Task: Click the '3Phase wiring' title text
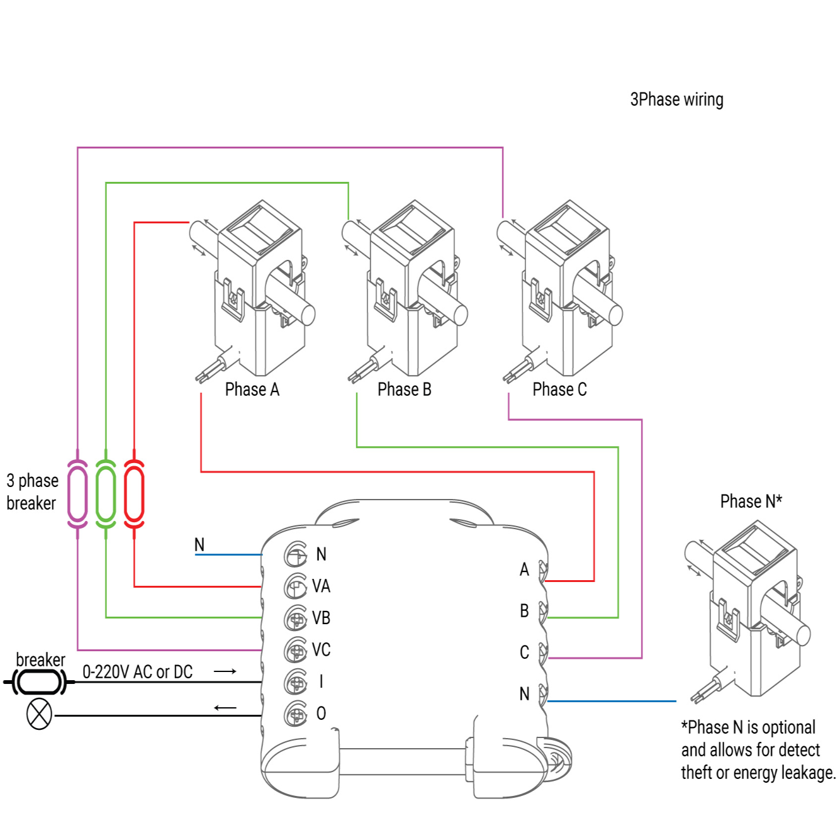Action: pos(676,99)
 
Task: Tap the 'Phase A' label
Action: pos(252,389)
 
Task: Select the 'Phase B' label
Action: pos(404,389)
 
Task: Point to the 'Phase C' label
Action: pos(559,389)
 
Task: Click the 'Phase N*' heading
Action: pos(751,501)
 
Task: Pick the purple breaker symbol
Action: pos(77,493)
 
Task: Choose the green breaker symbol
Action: pos(106,493)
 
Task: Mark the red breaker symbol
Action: pos(134,493)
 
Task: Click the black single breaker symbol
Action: pos(40,682)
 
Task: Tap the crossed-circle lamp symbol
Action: pos(39,715)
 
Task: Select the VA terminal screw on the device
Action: pos(296,586)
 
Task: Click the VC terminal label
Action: pos(321,650)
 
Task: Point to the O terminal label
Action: pos(321,714)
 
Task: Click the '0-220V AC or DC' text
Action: pos(137,672)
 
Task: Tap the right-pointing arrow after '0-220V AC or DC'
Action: pos(225,671)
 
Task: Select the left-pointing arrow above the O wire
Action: pos(225,708)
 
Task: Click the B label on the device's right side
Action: pos(524,611)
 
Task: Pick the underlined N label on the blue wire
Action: pos(199,545)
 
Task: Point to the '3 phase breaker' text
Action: pos(32,492)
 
